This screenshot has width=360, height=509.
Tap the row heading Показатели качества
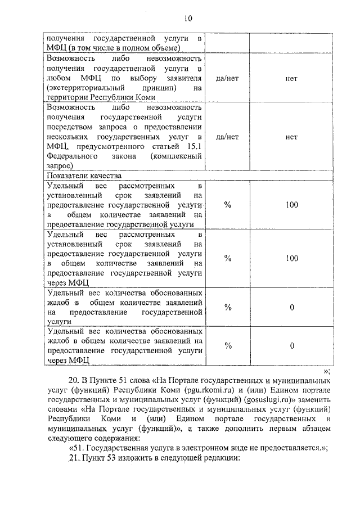[x=83, y=175]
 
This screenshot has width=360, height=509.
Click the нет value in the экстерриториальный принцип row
[x=291, y=78]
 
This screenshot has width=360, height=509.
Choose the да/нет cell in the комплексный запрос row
[x=227, y=136]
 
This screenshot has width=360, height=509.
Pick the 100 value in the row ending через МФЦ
[x=291, y=258]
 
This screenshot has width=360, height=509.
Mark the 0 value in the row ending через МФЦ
[x=291, y=346]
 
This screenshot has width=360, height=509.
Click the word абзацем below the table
[x=313, y=429]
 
